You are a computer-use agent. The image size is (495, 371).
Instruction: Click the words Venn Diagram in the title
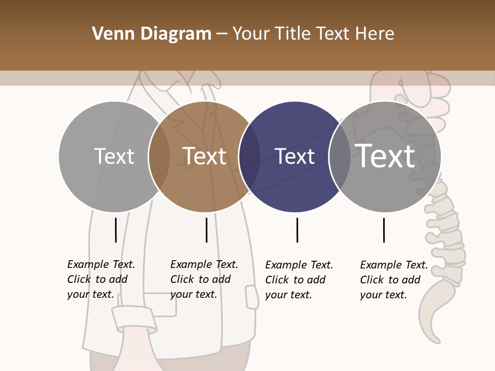pyautogui.click(x=152, y=34)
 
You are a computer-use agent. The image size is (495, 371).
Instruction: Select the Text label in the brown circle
pyautogui.click(x=205, y=156)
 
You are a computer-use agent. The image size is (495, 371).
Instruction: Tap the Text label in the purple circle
pyautogui.click(x=294, y=157)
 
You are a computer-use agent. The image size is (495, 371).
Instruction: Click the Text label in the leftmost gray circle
pyautogui.click(x=114, y=156)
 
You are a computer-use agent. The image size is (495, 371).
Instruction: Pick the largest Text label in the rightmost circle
pyautogui.click(x=385, y=156)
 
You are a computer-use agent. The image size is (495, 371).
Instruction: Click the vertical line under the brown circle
pyautogui.click(x=206, y=230)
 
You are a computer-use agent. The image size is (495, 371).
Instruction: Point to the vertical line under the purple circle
pyautogui.click(x=297, y=230)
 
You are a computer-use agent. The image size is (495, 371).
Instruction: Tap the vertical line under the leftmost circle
pyautogui.click(x=115, y=230)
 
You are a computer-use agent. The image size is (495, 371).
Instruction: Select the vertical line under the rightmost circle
pyautogui.click(x=384, y=230)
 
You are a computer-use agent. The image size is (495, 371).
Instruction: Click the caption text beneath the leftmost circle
pyautogui.click(x=101, y=279)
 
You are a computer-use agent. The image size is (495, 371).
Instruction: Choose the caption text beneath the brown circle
pyautogui.click(x=204, y=279)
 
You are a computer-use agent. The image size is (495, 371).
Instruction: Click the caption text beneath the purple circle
pyautogui.click(x=299, y=280)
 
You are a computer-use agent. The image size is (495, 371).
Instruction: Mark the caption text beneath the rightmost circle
pyautogui.click(x=394, y=280)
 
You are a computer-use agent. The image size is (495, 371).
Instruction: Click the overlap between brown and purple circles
pyautogui.click(x=250, y=157)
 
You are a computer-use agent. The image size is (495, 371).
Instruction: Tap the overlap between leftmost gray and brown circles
pyautogui.click(x=159, y=157)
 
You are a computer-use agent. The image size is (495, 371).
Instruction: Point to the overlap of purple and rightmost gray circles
pyautogui.click(x=339, y=157)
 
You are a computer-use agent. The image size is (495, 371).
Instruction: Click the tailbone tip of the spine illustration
pyautogui.click(x=436, y=338)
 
